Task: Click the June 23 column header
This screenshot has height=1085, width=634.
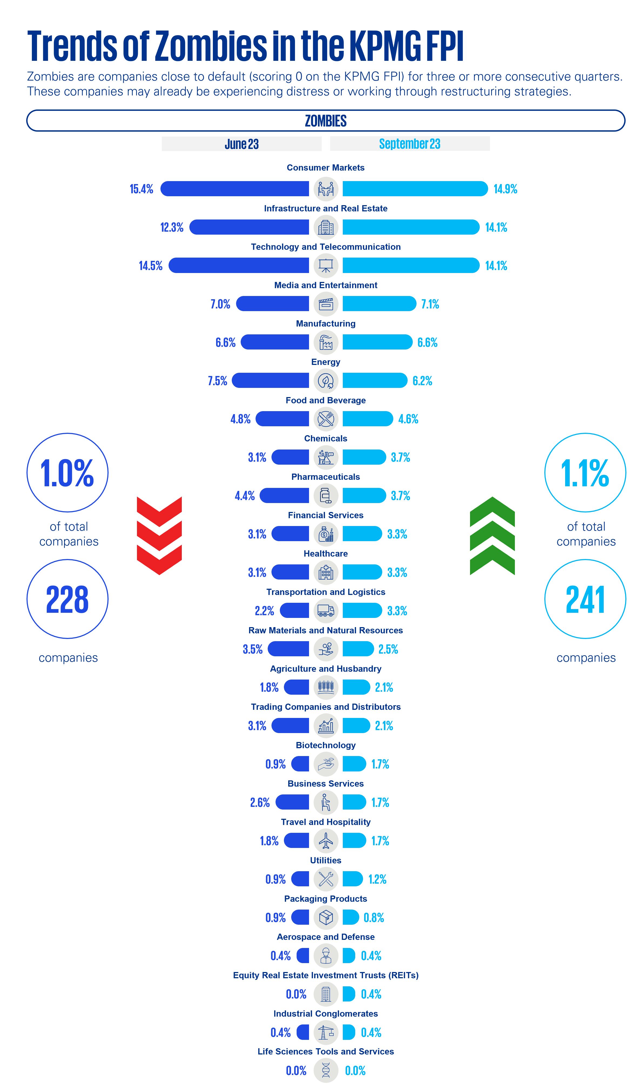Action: [241, 144]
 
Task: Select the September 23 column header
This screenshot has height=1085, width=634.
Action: [409, 144]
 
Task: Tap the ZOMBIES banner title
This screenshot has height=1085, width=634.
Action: [326, 121]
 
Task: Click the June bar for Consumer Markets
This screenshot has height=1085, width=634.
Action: [234, 189]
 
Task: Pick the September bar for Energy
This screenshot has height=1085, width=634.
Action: [374, 381]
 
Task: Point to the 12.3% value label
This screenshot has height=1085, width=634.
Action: [172, 227]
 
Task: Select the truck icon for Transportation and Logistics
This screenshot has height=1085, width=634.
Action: [326, 611]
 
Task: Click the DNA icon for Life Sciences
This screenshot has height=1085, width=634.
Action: [326, 1070]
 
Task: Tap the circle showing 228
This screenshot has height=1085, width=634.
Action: [68, 599]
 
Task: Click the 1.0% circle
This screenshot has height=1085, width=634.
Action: [68, 473]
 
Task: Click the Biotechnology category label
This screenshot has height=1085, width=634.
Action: [326, 745]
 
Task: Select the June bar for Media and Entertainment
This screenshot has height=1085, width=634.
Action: [273, 304]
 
